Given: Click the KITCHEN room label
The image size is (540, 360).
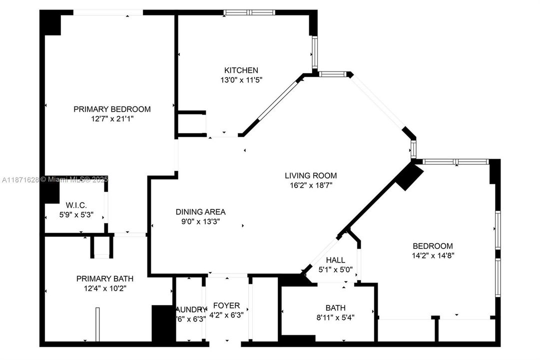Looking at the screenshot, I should coord(241,70).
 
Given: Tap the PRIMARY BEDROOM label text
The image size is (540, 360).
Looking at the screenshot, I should coord(112,109).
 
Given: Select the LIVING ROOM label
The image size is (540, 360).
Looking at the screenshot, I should coord(311,175).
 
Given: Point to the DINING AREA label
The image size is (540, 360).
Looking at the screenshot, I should coord(200,211).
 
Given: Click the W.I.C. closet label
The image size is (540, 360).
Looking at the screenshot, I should coord(76,205).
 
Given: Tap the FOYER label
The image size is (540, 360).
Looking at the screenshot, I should coord(226,305).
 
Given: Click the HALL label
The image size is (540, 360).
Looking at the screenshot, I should coord(335,260).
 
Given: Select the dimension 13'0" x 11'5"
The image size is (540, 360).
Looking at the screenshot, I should coord(241,80).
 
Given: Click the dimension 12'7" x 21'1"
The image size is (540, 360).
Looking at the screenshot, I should coord(112,118).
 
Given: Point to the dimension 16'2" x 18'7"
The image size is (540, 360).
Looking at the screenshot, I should coord(311,185).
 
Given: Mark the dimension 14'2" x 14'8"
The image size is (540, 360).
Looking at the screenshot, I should coord(433,255).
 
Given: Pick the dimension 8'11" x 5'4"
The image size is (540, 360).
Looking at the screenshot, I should coord(335,317).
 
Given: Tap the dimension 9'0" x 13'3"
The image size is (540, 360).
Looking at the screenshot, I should coord(200,221).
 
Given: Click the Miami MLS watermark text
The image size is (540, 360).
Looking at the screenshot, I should coord(74,179).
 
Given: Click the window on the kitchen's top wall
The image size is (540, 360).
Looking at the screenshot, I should coord(249,12).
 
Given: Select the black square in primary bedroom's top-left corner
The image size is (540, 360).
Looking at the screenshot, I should coord(50,23).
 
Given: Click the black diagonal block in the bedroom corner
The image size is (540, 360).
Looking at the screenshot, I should coord(410,177).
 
